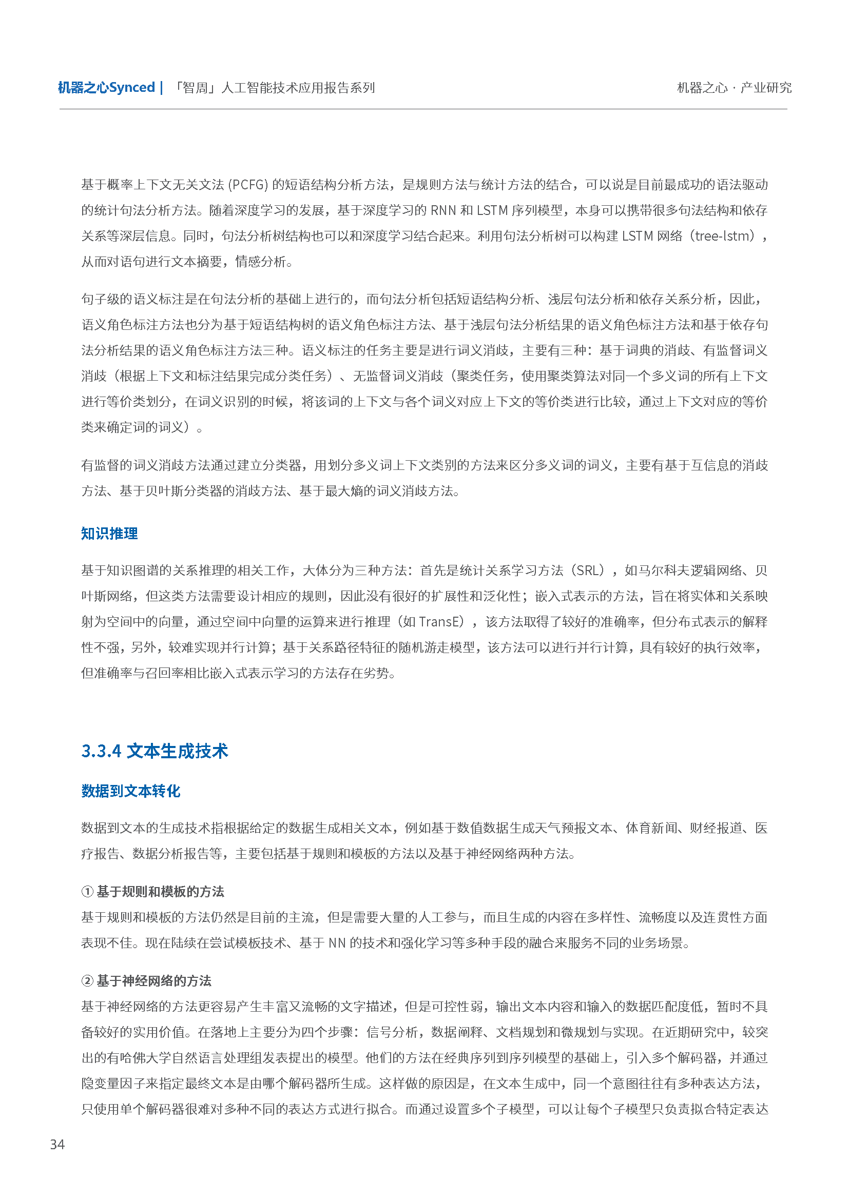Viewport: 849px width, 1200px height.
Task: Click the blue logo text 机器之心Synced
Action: point(106,88)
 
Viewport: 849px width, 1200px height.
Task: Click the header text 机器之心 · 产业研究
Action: point(734,88)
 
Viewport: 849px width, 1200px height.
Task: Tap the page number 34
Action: point(57,1145)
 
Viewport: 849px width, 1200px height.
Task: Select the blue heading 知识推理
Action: point(109,534)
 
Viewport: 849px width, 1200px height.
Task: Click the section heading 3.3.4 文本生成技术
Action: point(155,751)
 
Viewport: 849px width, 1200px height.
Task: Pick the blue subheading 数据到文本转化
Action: point(131,791)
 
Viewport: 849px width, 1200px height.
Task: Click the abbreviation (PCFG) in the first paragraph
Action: point(248,185)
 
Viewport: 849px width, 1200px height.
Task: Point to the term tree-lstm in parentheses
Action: point(723,236)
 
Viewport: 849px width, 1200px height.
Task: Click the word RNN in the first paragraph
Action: point(443,211)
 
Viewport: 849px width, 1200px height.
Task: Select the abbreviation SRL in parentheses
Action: point(589,571)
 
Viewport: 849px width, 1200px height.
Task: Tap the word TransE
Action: point(441,622)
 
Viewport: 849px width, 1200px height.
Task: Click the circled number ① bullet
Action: point(87,892)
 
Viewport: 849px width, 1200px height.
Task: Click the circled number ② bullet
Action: point(87,981)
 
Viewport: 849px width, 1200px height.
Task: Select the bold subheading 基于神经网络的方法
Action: point(154,981)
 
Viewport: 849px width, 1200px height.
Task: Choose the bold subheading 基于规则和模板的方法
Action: point(161,892)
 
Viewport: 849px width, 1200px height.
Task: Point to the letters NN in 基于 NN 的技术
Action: point(337,943)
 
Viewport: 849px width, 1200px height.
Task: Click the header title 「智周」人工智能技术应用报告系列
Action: point(274,88)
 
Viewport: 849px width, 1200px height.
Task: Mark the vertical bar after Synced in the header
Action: point(162,88)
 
